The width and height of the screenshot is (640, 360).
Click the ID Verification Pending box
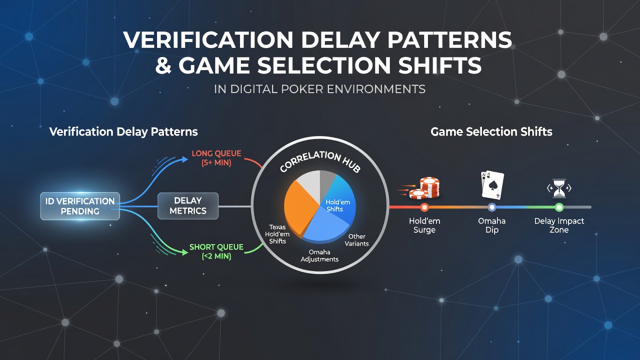(x=80, y=206)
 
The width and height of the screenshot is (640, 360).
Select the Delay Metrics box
(x=188, y=205)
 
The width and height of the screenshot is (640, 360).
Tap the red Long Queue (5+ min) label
(x=216, y=158)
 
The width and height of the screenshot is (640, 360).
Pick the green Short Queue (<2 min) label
(x=216, y=251)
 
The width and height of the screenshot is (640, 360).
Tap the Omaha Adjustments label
(x=319, y=255)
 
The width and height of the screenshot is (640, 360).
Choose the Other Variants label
(x=356, y=240)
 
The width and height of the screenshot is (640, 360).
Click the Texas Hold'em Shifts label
(x=277, y=234)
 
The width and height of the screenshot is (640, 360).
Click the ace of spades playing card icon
(x=492, y=185)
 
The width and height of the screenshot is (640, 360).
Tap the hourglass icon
(x=559, y=188)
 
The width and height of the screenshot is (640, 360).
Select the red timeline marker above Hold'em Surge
(x=424, y=207)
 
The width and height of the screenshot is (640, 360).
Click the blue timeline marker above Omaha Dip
(x=492, y=207)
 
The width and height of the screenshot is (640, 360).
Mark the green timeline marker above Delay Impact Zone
(x=559, y=207)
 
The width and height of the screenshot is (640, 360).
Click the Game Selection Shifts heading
(x=491, y=131)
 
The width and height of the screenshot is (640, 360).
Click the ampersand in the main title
(x=163, y=65)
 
